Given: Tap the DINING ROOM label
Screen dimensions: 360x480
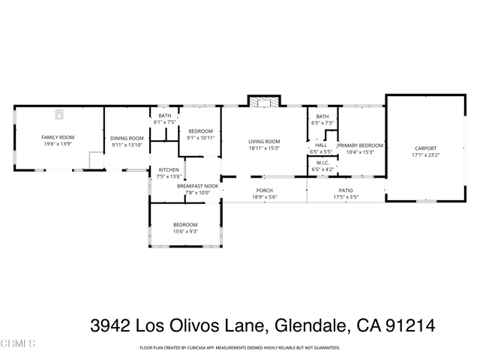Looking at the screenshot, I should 127,138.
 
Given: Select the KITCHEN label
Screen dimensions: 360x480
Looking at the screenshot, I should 169,170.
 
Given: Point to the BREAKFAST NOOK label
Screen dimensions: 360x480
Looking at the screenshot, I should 197,185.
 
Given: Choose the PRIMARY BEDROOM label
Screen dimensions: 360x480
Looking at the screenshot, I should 360,145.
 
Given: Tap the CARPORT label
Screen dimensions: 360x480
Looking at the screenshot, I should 424,148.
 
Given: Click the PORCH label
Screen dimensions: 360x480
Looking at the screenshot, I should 264,190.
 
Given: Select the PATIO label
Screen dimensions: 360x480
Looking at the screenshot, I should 346,190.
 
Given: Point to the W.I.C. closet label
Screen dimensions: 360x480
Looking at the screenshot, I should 323,163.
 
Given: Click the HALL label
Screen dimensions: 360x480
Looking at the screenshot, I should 321,145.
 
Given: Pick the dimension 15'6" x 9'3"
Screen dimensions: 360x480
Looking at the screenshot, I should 185,232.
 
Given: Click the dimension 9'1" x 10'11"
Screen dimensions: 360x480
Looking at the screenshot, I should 201,138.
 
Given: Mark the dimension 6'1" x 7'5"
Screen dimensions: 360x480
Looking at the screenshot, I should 164,122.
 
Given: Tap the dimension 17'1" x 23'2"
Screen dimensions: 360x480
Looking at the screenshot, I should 424,156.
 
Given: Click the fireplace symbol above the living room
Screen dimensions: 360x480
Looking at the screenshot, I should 263,103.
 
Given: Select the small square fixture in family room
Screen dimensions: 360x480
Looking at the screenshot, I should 59,114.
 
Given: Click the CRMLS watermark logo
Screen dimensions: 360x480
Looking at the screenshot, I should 18,343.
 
